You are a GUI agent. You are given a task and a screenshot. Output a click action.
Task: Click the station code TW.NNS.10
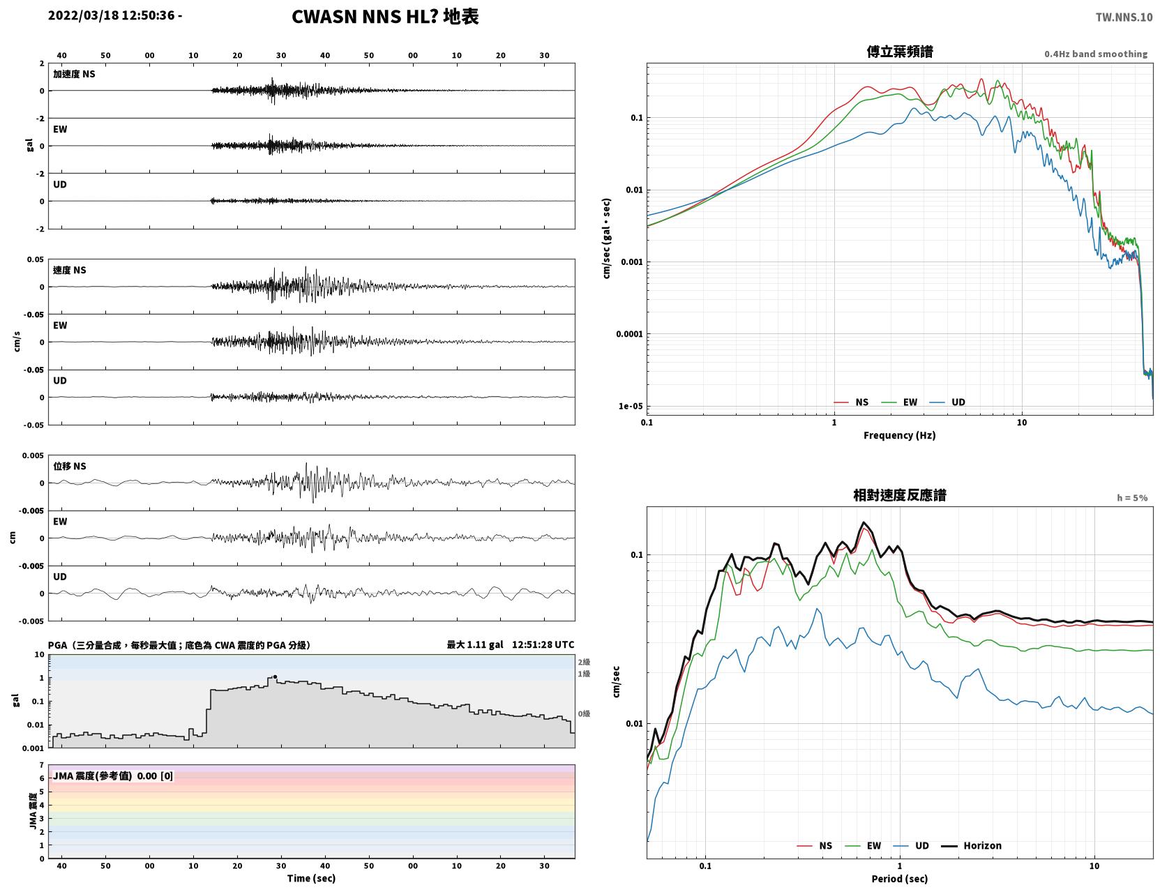coord(1124,17)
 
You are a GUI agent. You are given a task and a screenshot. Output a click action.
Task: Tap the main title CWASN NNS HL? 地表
coord(385,17)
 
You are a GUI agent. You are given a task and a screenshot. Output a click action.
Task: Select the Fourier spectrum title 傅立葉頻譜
coord(900,52)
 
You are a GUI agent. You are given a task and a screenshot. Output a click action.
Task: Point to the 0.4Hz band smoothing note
coord(1095,54)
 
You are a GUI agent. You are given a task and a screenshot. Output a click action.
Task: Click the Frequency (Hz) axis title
coord(900,435)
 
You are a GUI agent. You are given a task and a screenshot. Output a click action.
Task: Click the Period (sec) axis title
coord(900,879)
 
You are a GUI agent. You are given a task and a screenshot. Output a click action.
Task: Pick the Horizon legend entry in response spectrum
coord(971,845)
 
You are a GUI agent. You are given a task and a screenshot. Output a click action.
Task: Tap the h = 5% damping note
coord(1131,498)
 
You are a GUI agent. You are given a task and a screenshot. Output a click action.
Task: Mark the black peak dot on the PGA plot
coord(275,677)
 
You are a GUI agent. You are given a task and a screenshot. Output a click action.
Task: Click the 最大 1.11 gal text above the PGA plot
coord(474,644)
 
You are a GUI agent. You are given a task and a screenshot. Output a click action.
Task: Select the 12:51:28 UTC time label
coord(543,644)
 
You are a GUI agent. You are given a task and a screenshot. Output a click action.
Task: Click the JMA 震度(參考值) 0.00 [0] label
coord(112,776)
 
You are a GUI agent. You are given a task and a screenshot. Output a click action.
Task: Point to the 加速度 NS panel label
coord(74,74)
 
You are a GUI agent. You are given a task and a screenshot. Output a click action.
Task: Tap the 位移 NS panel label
coord(69,467)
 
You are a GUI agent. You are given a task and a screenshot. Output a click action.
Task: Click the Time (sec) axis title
coord(311,878)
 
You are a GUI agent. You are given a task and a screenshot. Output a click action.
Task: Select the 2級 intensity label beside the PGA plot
coord(584,662)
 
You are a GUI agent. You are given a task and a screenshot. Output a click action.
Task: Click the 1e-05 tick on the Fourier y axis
coord(631,407)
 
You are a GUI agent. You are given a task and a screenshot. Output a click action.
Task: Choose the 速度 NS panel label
coord(69,270)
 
